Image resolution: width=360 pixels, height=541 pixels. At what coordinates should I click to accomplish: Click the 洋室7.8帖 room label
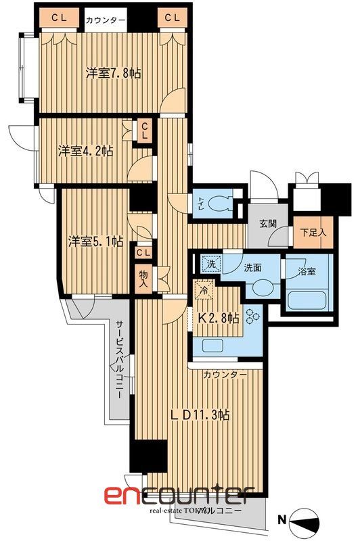pos(113,73)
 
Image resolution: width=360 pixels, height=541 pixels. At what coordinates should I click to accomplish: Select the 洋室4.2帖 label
pos(85,151)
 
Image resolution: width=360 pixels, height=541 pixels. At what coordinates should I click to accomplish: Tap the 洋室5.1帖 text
pos(95,241)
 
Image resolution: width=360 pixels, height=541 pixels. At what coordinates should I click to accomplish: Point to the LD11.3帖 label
pos(200,415)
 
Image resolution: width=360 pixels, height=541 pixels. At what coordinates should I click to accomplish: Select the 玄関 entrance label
pos(267,225)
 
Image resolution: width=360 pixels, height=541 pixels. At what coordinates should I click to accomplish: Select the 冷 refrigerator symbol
pos(204,291)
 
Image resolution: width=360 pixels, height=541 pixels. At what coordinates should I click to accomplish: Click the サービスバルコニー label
pos(118,358)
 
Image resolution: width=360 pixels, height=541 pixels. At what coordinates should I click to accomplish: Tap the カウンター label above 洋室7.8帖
pos(105,20)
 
